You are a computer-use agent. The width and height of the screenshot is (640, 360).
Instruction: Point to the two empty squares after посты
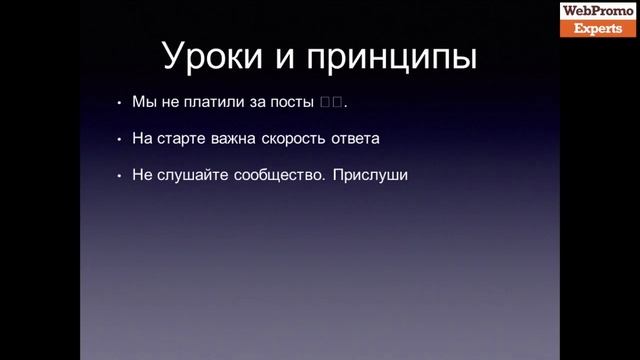tap(332, 103)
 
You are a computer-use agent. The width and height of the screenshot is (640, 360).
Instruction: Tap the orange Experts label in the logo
tap(598, 28)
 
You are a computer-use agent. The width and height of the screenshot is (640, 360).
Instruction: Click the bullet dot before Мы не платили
tap(119, 104)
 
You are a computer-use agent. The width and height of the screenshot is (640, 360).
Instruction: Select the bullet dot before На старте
tap(119, 139)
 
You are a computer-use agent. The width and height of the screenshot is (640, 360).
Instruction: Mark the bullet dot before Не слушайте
tap(119, 175)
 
